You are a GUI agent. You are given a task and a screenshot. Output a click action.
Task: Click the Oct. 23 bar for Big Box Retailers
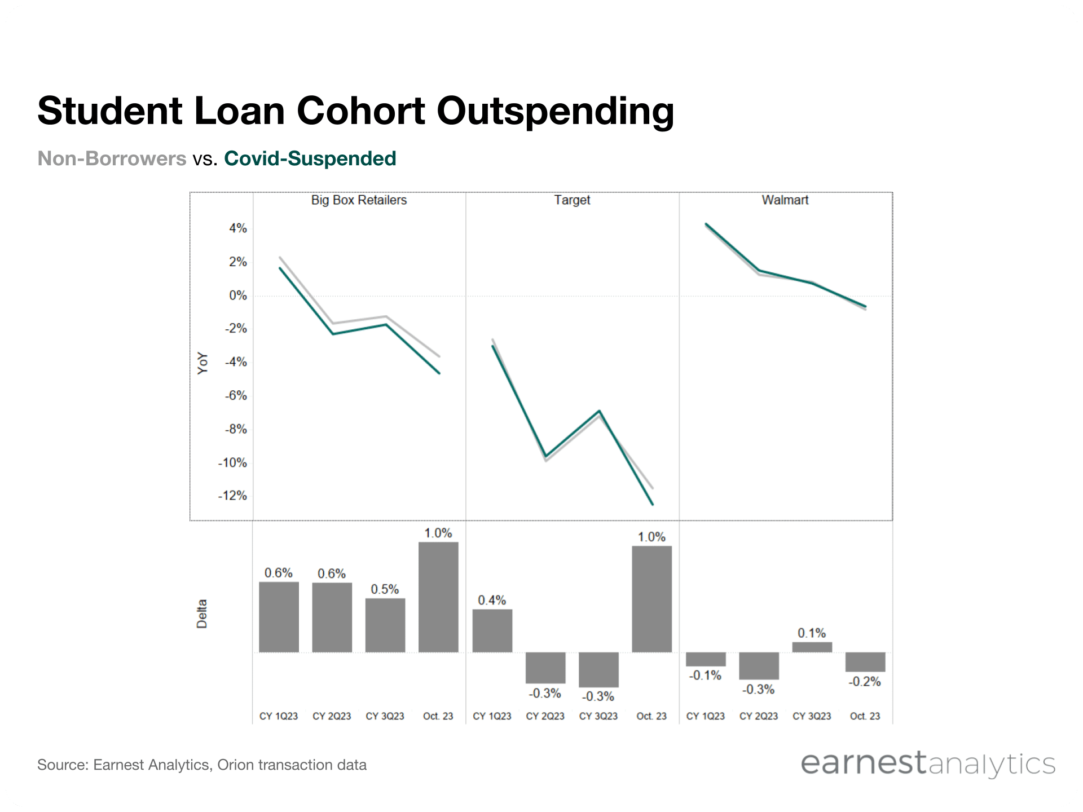point(438,597)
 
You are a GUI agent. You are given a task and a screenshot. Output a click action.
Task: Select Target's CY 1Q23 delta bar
point(492,630)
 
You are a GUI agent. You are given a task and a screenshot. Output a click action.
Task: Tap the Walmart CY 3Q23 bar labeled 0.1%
point(812,647)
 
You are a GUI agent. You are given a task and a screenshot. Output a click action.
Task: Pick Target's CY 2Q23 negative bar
point(545,668)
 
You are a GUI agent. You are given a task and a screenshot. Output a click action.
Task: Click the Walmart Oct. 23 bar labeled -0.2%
point(865,662)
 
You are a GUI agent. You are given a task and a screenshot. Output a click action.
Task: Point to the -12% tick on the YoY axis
point(232,496)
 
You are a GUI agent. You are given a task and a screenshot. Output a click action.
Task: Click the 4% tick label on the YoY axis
point(237,228)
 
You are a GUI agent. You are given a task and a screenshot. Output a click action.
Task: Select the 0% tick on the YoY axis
point(237,295)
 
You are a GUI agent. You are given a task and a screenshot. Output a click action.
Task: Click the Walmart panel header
point(785,200)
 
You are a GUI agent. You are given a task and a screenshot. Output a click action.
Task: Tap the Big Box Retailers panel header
point(359,200)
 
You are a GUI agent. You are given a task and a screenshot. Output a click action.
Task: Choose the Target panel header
point(571,200)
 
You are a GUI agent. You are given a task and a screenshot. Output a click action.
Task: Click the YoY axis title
point(202,363)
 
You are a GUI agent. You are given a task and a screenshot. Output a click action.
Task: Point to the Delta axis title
point(202,614)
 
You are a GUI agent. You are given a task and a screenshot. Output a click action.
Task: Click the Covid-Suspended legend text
point(310,158)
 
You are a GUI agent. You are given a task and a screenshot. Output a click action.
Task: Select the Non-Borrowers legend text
point(112,158)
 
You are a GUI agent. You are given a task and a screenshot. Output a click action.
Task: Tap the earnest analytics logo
point(928,764)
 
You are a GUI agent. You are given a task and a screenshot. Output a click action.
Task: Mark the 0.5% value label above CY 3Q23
point(385,589)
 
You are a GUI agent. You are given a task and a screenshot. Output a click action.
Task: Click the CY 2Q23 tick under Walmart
point(758,716)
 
